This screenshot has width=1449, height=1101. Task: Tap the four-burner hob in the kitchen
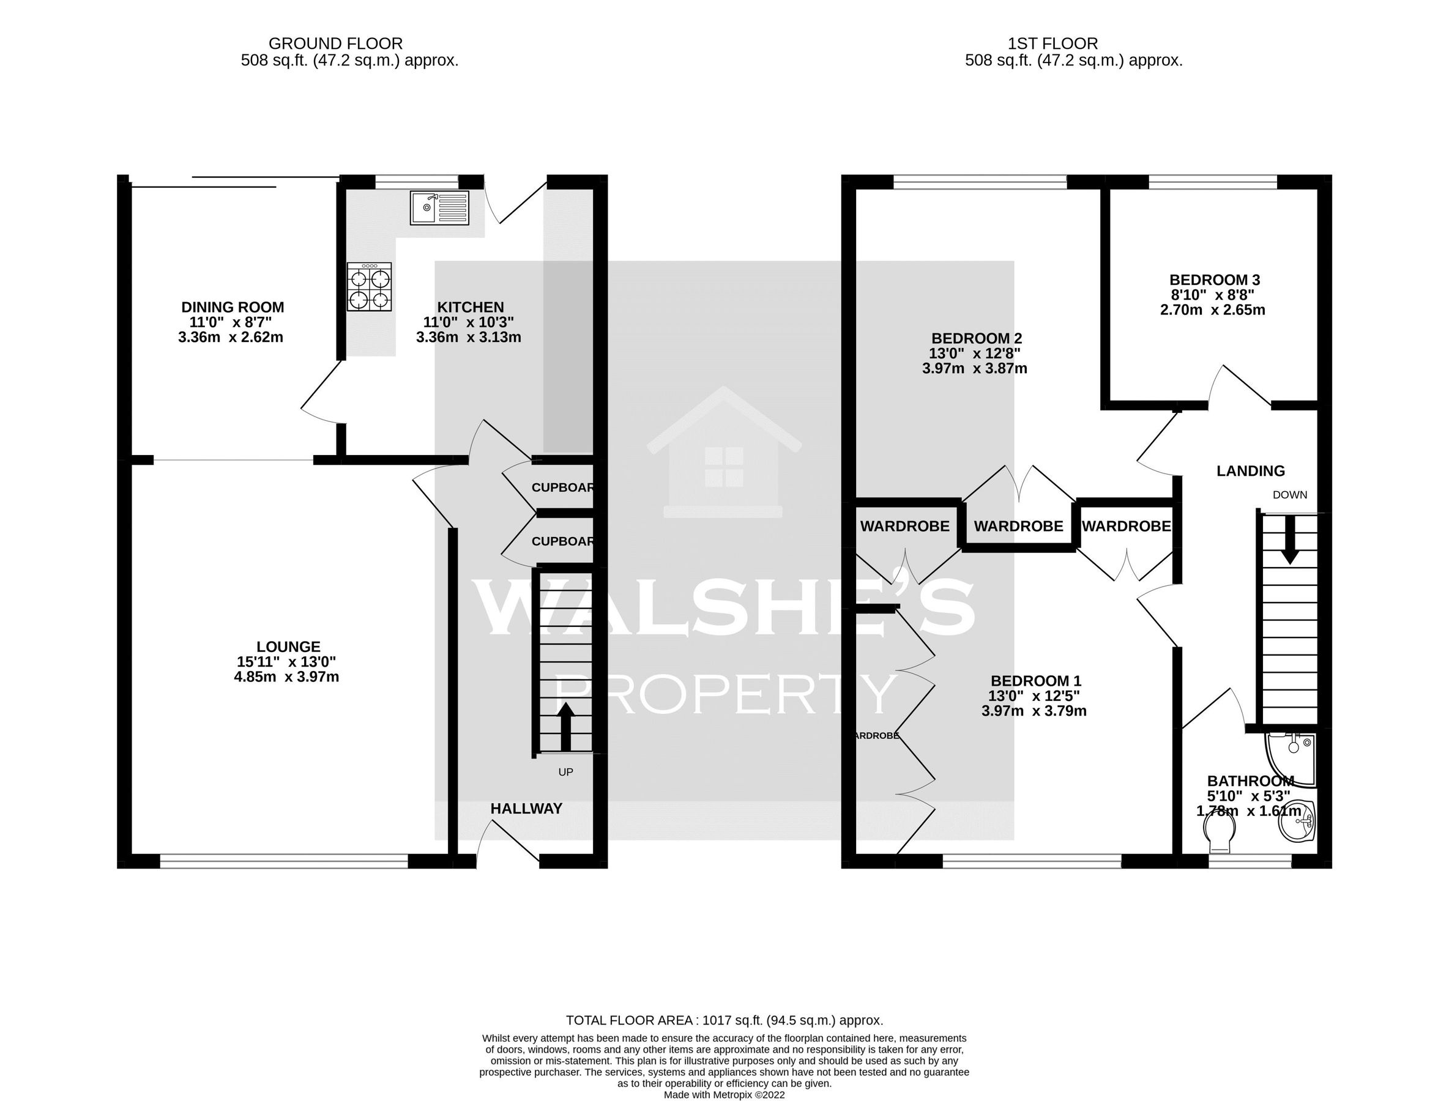point(370,287)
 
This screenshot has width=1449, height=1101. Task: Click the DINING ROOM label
point(233,306)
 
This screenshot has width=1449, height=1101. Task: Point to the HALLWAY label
point(526,809)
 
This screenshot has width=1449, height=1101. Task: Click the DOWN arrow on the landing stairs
point(1290,539)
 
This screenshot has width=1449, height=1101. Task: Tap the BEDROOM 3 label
point(1214,280)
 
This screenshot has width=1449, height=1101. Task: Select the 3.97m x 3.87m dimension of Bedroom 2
point(974,368)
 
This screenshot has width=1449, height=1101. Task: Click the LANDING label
point(1250,470)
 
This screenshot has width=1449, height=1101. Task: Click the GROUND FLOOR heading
point(336,44)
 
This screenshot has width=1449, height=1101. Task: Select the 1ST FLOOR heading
point(1052,44)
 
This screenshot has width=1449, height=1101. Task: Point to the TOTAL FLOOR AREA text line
point(724,1020)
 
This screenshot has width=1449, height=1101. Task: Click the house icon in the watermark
point(723,452)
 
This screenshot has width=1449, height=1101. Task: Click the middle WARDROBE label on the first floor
point(1018,525)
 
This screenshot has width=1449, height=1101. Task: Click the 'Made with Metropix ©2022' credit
point(724,1094)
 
